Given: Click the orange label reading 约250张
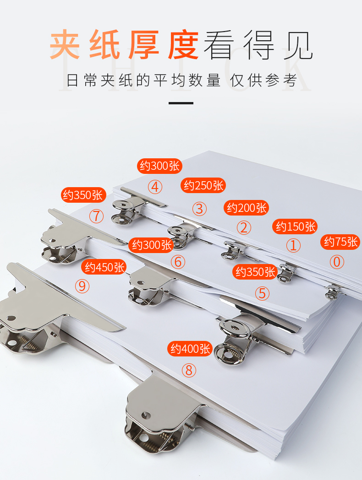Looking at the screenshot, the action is tap(203, 185).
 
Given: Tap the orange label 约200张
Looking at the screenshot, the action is tap(247, 208).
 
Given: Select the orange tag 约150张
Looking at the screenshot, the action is tap(295, 227).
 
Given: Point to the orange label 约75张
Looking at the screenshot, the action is tap(340, 242).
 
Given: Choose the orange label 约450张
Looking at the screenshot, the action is tap(104, 267).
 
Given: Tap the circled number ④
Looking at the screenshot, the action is tap(155, 187).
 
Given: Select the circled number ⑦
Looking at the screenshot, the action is tap(97, 216).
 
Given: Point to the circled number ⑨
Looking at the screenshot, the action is tap(82, 286).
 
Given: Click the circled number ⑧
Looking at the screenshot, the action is tap(189, 370).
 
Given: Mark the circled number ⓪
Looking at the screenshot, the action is tap(337, 262).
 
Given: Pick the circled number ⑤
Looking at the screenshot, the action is tap(263, 293).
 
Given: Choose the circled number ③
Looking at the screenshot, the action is tap(199, 209).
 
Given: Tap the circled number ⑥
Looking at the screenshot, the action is tap(178, 262).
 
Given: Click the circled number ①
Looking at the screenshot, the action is tap(293, 245).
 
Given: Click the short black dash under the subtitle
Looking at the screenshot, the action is tap(181, 103).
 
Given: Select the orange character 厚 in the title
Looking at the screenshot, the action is tap(144, 44).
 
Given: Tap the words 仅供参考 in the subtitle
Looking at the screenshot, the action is tap(263, 80).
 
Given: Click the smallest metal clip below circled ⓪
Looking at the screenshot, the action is tap(333, 291).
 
